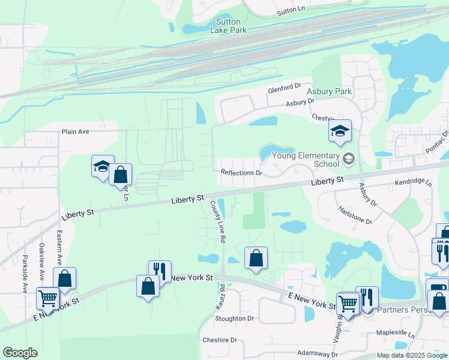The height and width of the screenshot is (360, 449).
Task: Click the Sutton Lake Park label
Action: point(228,26)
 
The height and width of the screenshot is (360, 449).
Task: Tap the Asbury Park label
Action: point(330,92)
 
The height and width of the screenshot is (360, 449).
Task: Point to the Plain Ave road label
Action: point(75,131)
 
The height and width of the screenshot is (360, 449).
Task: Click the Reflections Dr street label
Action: point(242,173)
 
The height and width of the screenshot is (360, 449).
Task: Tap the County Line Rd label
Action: point(218,221)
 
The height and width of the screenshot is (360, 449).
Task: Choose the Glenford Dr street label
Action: point(284,89)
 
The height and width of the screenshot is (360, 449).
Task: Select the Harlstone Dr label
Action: point(355,216)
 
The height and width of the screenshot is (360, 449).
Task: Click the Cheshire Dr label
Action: point(220,340)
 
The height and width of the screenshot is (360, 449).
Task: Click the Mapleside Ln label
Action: point(395,332)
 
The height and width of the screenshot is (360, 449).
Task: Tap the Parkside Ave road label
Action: point(25,274)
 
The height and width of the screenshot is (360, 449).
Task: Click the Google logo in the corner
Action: point(20,353)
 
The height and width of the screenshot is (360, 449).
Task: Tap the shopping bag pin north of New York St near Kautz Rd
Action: point(256,259)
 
